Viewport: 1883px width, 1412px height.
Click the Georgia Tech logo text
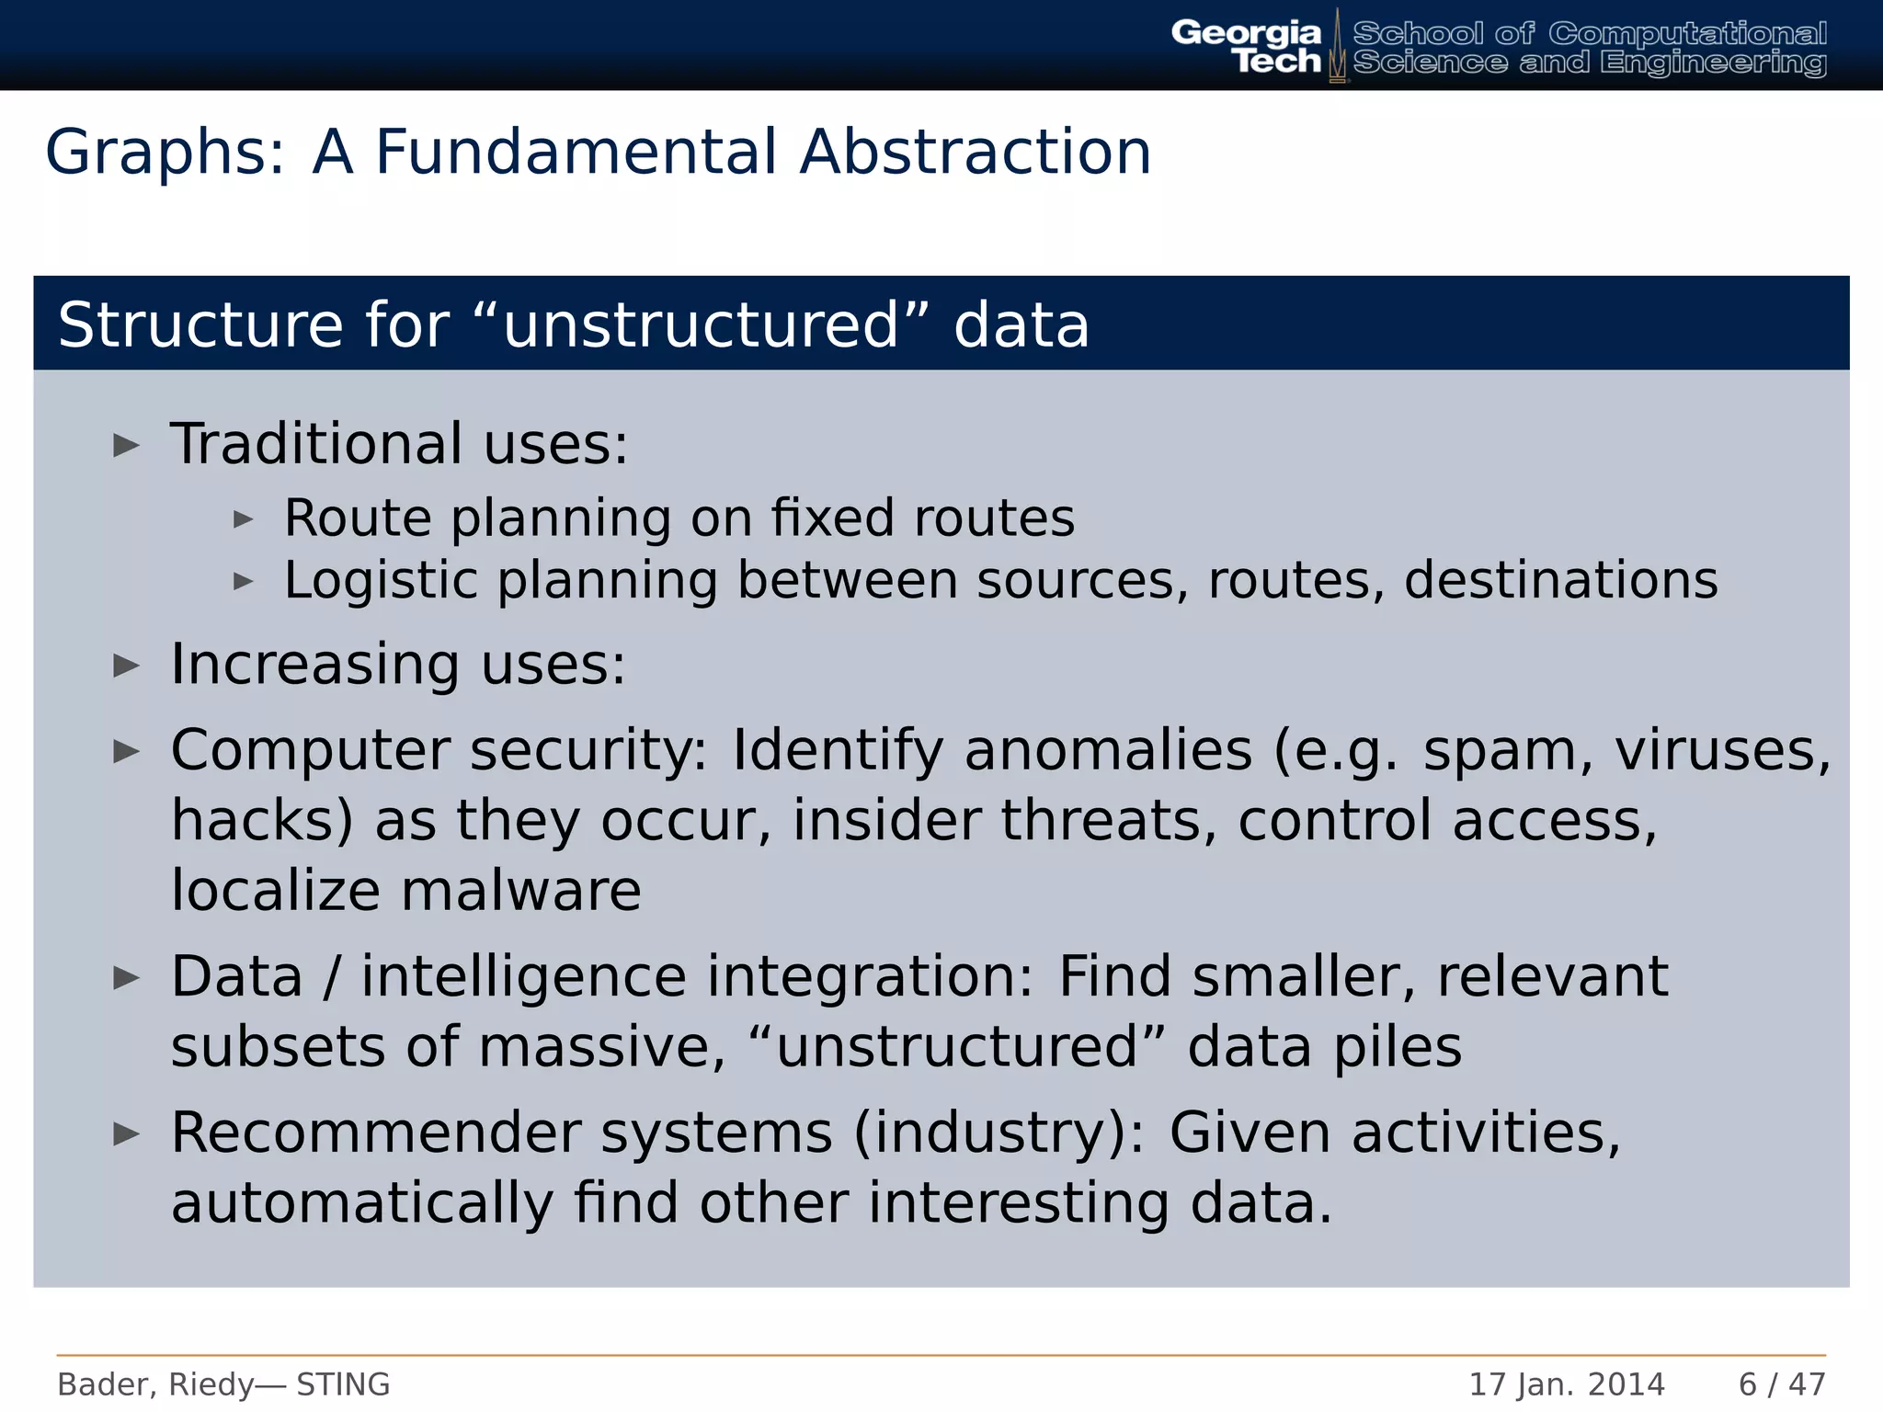pyautogui.click(x=1246, y=46)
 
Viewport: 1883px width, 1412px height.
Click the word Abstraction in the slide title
pyautogui.click(x=975, y=152)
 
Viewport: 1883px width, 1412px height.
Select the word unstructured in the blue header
pyautogui.click(x=701, y=325)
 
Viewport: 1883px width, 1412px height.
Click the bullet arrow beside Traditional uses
pyautogui.click(x=126, y=446)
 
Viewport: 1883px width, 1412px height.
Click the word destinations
pyautogui.click(x=1560, y=580)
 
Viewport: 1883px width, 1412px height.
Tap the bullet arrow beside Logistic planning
pyautogui.click(x=243, y=581)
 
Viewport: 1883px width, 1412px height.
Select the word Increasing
pyautogui.click(x=314, y=665)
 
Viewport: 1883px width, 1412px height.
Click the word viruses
pyautogui.click(x=1722, y=751)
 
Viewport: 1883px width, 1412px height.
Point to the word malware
pyautogui.click(x=520, y=891)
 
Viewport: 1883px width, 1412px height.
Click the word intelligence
pyautogui.click(x=523, y=976)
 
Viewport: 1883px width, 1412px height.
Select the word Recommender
pyautogui.click(x=375, y=1133)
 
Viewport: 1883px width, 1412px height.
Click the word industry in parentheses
pyautogui.click(x=998, y=1134)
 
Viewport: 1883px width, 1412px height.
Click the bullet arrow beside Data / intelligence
pyautogui.click(x=126, y=978)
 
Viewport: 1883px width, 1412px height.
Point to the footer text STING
pyautogui.click(x=343, y=1384)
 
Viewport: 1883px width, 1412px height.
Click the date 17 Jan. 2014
pyautogui.click(x=1566, y=1384)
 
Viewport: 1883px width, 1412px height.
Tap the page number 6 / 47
pyautogui.click(x=1781, y=1384)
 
